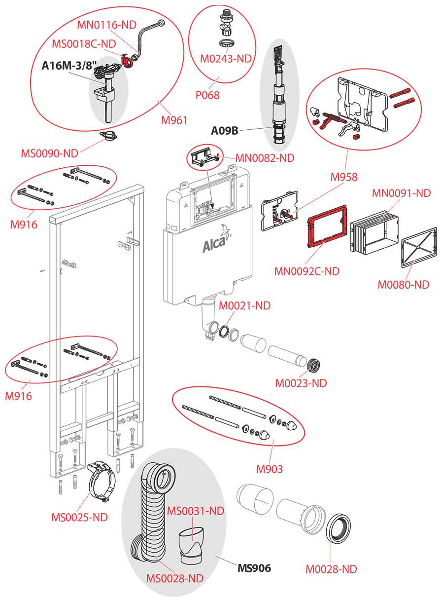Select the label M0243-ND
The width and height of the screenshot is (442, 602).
226,58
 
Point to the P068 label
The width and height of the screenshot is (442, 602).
207,95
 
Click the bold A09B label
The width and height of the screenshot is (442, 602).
225,131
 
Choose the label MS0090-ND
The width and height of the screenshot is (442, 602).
49,153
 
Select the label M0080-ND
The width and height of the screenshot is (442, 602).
404,284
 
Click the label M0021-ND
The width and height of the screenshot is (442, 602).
245,306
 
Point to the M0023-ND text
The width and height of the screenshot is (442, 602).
301,383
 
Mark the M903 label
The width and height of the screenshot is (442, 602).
270,469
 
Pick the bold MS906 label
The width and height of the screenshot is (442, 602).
254,568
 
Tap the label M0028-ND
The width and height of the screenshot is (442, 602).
331,569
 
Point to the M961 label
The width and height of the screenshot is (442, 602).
175,119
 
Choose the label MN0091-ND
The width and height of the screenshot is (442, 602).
402,193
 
